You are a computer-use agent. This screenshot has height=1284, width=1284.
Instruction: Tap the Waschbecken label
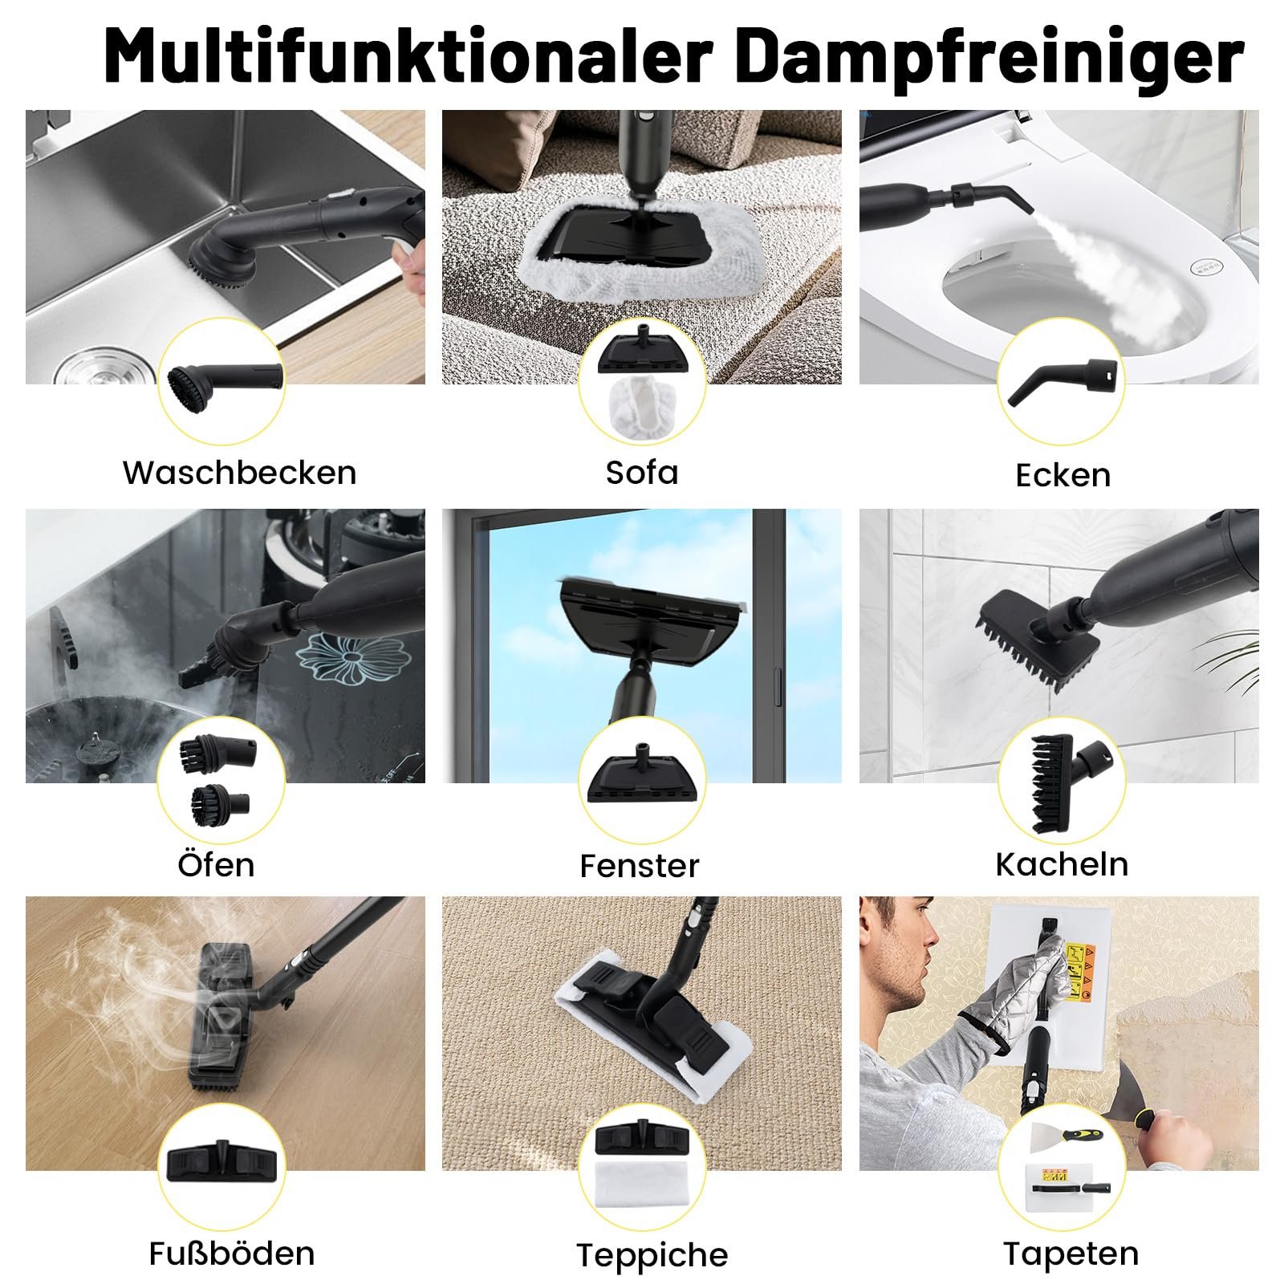click(239, 472)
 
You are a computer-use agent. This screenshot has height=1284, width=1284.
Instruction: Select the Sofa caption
click(642, 472)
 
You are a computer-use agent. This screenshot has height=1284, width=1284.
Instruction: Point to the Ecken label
click(1063, 475)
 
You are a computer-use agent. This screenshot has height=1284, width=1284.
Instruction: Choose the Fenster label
click(640, 866)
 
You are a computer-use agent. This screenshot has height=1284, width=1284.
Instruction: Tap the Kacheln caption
click(1062, 864)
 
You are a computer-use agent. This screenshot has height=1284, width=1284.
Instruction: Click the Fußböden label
click(232, 1253)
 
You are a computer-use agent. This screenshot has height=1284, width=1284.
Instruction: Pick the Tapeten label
click(1071, 1254)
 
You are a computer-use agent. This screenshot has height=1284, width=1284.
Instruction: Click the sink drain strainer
click(100, 364)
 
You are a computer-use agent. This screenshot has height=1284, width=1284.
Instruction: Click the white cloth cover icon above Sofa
click(642, 408)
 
